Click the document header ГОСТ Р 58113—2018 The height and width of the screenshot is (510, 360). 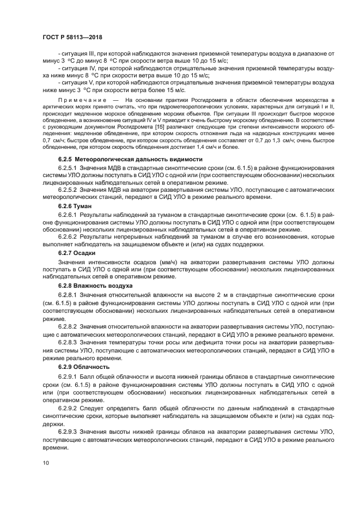coord(73,37)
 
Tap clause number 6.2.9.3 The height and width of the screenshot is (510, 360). coord(69,432)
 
